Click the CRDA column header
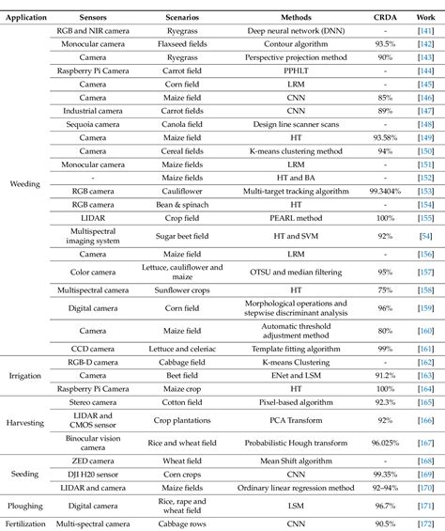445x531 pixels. pyautogui.click(x=379, y=17)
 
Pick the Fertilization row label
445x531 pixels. pyautogui.click(x=25, y=523)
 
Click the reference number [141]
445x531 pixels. pyautogui.click(x=424, y=30)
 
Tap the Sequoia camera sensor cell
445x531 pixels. pyautogui.click(x=92, y=122)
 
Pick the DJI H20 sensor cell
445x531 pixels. pyautogui.click(x=92, y=476)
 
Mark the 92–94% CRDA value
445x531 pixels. pyautogui.click(x=379, y=490)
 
